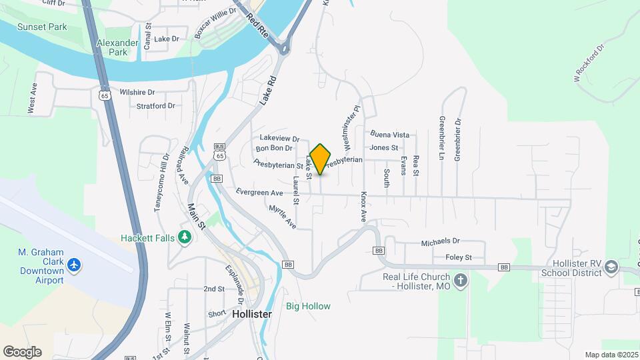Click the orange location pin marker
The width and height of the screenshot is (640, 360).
click(x=321, y=159)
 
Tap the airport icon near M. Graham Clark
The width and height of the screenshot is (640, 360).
click(x=74, y=266)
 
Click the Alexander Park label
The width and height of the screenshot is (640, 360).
click(x=112, y=47)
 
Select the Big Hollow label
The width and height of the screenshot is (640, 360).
click(x=308, y=307)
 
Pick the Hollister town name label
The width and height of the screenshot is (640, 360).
click(x=252, y=313)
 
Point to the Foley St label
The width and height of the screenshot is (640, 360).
click(x=458, y=257)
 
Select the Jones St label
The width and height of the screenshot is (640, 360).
click(x=383, y=147)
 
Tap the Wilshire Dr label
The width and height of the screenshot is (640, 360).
click(x=137, y=92)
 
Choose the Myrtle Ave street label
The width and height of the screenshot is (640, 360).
click(x=282, y=217)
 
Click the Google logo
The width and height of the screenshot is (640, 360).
click(x=22, y=352)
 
